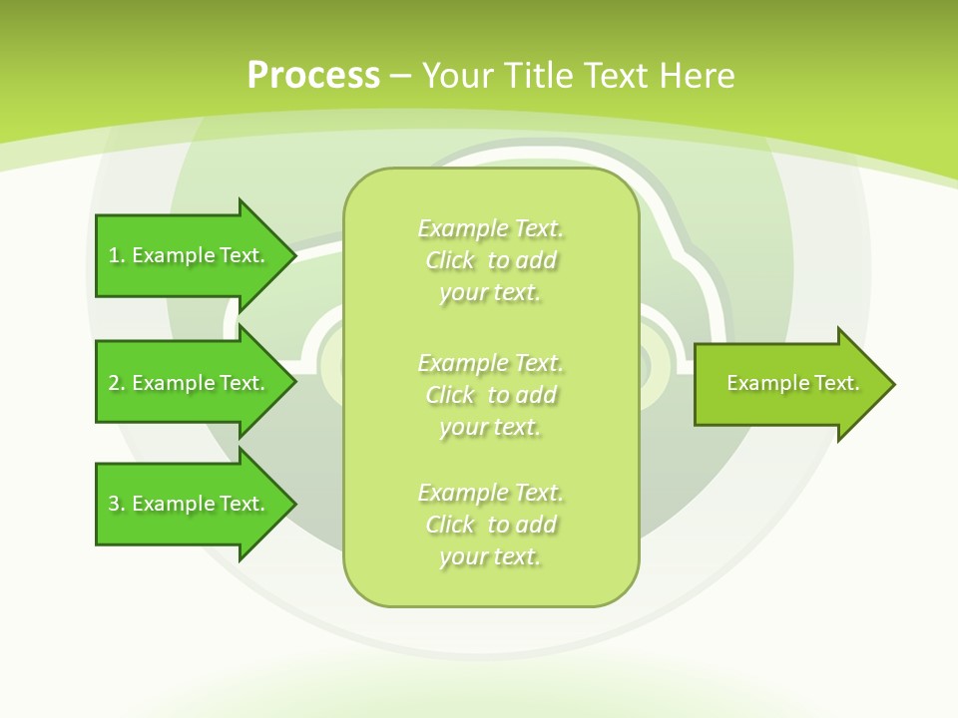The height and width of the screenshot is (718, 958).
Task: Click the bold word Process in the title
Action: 313,76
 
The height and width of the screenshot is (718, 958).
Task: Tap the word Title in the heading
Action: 537,76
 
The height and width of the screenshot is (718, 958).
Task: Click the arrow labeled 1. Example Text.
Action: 190,255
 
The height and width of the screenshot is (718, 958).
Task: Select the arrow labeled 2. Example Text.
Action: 190,383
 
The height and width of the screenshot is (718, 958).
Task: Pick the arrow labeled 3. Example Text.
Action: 190,504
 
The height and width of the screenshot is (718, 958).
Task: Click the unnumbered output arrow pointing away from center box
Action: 788,384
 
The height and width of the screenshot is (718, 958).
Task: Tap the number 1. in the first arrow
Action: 117,255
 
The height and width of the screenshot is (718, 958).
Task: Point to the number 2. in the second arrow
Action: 117,383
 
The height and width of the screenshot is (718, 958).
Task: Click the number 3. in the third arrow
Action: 117,504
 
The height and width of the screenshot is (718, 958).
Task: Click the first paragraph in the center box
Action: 490,260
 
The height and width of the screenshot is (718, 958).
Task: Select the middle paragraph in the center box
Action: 490,394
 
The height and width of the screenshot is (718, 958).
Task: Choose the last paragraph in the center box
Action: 490,525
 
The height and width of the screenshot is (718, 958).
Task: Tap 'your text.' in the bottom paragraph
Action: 489,556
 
